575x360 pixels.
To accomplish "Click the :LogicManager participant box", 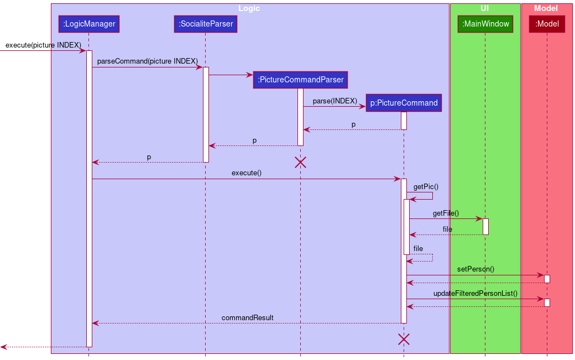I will [x=89, y=24].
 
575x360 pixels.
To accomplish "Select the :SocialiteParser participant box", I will [x=206, y=24].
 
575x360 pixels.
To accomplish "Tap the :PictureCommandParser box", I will [x=301, y=80].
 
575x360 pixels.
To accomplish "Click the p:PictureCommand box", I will [x=404, y=103].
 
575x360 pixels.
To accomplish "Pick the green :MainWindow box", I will [x=485, y=24].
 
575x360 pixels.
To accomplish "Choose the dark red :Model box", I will [x=547, y=24].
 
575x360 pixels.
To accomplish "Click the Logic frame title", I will [x=249, y=8].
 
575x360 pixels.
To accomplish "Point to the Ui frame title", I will [x=485, y=8].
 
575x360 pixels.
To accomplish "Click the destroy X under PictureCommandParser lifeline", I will [x=300, y=162].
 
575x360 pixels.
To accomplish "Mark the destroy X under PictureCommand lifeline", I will [x=404, y=339].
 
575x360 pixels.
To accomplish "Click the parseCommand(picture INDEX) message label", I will [x=147, y=61].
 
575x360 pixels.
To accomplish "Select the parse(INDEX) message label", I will [x=335, y=101].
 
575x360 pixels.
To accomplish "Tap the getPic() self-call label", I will [x=426, y=187].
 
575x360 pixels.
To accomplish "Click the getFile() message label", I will [x=446, y=213].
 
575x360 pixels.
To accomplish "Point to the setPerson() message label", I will [x=475, y=269].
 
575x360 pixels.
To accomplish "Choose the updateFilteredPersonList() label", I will [x=475, y=293].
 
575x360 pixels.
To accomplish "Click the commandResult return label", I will [x=247, y=317].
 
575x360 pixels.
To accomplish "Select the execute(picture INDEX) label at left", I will [x=43, y=45].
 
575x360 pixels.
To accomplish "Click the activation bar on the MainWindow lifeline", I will [x=485, y=226].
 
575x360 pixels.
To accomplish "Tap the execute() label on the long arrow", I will [x=247, y=173].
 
